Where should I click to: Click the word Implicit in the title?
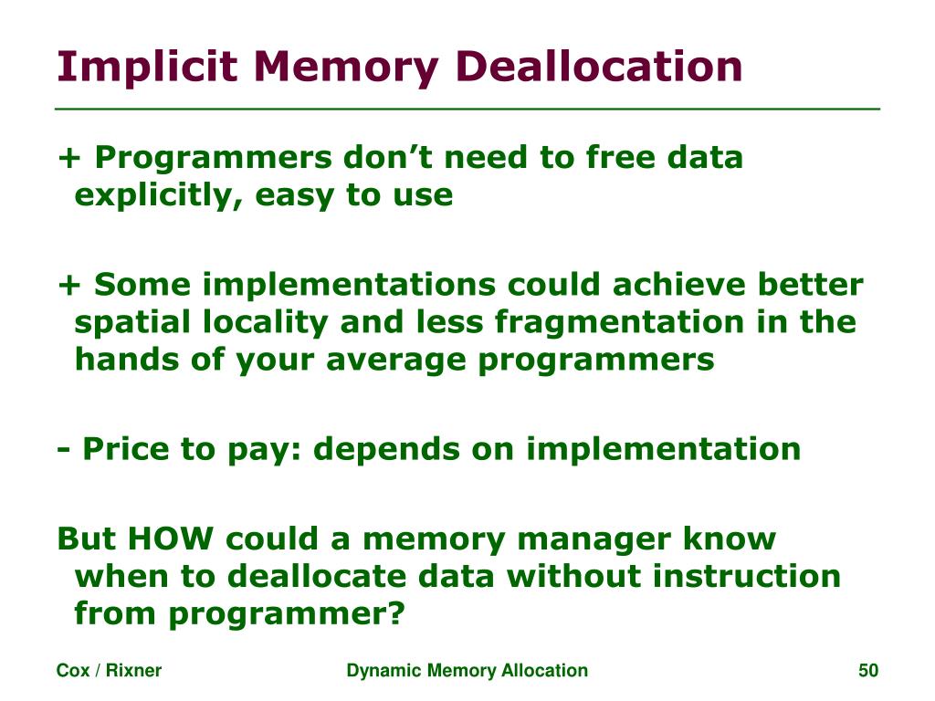point(146,68)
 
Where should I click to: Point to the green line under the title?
point(467,109)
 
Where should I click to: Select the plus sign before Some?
point(68,286)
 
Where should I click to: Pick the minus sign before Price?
point(64,449)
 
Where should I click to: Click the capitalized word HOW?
point(173,539)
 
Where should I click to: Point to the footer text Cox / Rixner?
point(109,671)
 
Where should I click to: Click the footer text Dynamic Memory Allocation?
point(467,671)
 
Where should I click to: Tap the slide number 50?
point(867,671)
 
